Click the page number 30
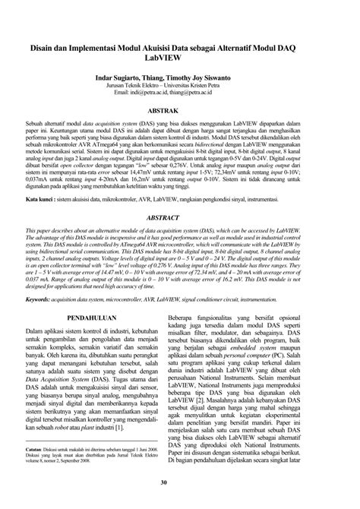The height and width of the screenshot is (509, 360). coord(180,482)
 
